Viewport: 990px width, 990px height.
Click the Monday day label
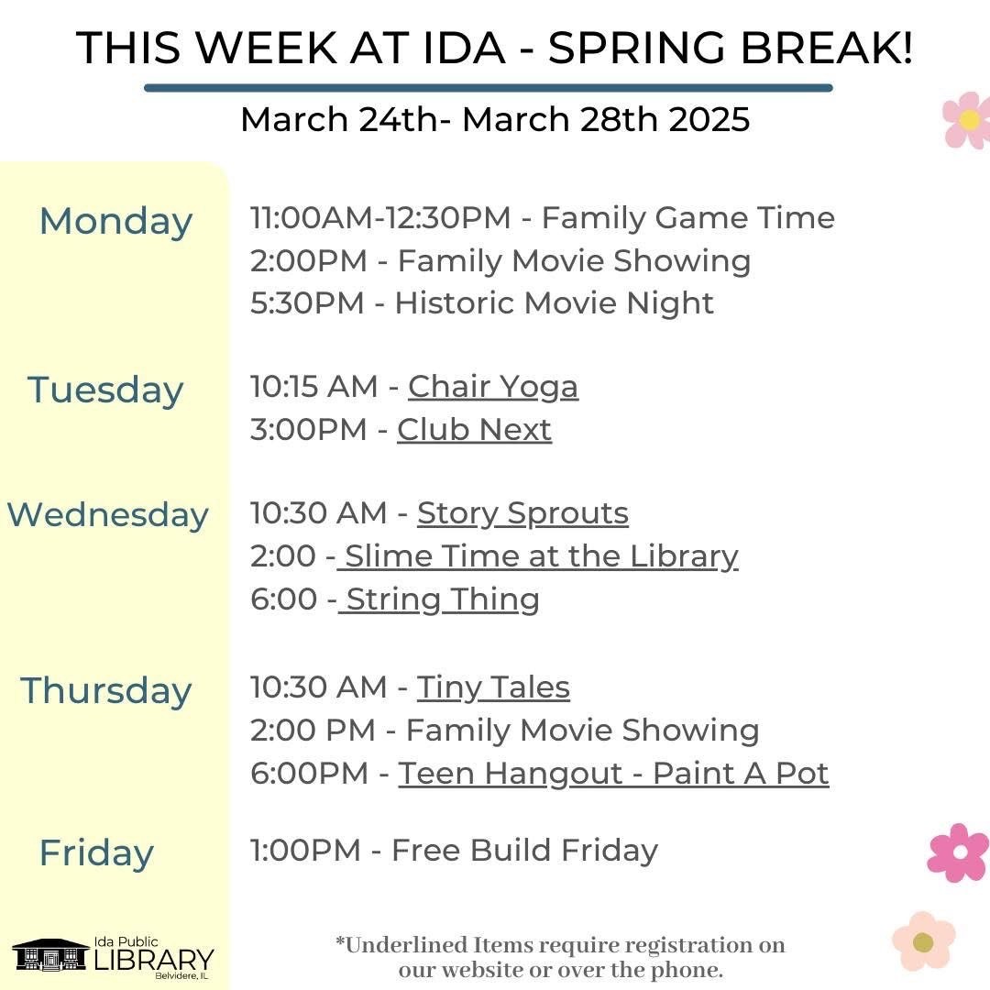coord(115,222)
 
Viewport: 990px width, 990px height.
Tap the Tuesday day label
coord(105,390)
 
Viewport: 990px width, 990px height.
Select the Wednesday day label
coord(107,515)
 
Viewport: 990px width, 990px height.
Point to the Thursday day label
coord(105,691)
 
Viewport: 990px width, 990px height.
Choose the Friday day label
coord(96,853)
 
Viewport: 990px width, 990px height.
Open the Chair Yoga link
coord(493,388)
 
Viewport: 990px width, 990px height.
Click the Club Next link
coord(474,430)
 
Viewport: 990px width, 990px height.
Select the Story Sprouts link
coord(522,514)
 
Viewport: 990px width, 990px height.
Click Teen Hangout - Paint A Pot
coord(613,774)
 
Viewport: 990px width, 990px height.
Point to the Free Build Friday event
coord(524,851)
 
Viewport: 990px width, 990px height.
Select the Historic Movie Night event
coord(555,303)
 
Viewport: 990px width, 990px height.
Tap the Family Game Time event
coord(688,218)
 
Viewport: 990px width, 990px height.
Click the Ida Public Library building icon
coord(49,954)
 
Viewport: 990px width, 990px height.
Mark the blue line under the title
coord(488,88)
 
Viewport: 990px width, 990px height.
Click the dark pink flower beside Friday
coord(959,852)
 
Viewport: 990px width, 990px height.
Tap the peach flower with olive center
coord(924,941)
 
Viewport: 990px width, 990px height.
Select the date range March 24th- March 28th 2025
coord(495,119)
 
